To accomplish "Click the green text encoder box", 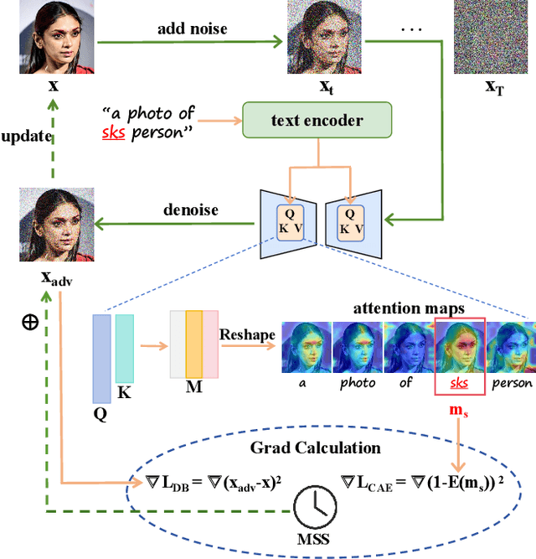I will tap(317, 120).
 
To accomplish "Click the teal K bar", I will tap(124, 349).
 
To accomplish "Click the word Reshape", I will tap(246, 335).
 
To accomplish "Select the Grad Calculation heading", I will tap(315, 448).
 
